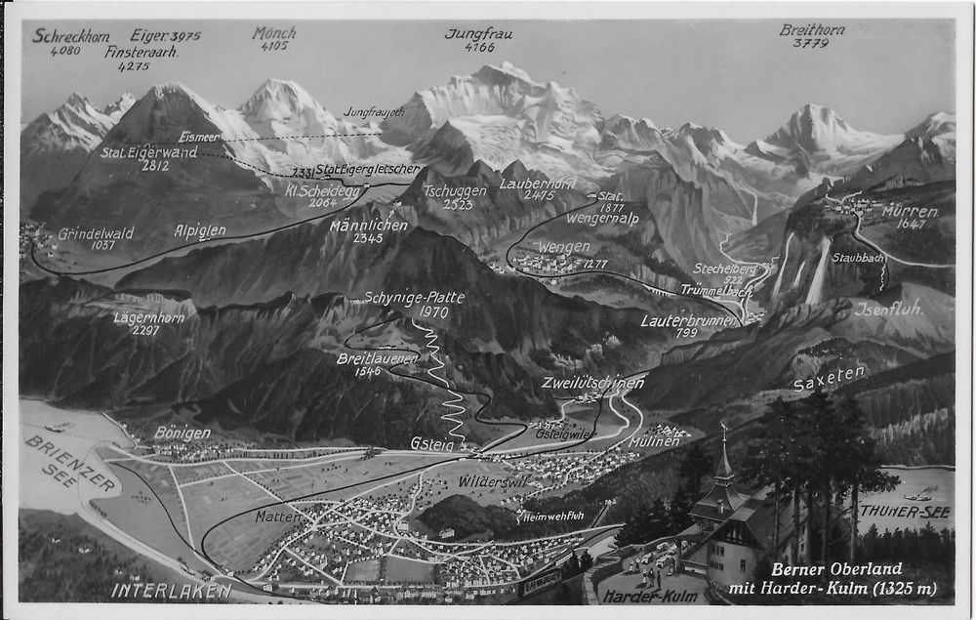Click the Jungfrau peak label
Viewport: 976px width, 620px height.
(478, 33)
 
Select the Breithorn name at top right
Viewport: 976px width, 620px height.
(811, 29)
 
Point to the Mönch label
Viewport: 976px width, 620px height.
(273, 33)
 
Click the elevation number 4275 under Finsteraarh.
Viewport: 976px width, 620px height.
(134, 66)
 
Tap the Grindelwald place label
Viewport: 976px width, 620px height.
(96, 233)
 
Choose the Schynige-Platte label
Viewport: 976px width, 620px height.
(414, 297)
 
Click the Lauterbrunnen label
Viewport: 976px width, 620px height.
(689, 319)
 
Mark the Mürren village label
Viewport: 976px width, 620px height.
(910, 211)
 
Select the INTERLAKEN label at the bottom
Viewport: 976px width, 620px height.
(171, 590)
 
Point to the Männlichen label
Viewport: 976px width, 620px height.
(368, 225)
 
